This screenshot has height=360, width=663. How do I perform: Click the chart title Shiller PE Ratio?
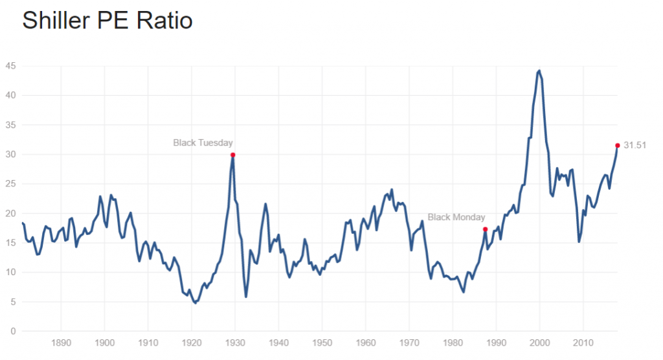107,21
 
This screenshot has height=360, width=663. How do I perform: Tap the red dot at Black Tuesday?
232,155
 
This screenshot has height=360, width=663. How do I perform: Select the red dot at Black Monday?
485,229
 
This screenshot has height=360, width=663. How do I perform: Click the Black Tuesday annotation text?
203,142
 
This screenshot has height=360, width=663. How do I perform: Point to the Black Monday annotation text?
456,218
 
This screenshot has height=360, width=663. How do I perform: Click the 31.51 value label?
636,146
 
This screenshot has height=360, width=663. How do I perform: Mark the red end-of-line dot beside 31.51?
617,146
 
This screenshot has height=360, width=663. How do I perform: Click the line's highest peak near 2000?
539,71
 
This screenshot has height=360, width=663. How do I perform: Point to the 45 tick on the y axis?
10,66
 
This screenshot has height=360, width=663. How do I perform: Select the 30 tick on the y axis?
10,155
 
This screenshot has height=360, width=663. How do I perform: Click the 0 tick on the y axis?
13,332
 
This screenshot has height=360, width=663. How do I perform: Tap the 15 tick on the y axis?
10,243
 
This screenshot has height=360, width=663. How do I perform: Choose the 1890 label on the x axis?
61,342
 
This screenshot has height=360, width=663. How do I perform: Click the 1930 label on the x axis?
235,342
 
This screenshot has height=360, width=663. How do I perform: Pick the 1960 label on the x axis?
366,342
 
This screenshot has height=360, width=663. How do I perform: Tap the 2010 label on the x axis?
583,342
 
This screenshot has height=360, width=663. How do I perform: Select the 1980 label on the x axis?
453,342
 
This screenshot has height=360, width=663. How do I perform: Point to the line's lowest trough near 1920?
195,302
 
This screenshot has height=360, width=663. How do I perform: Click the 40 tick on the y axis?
10,95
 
